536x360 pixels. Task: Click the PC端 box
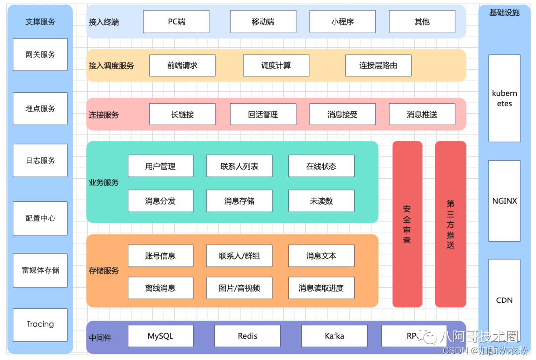(176, 22)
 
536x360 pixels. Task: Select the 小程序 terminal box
(342, 22)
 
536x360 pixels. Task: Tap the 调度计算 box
(276, 65)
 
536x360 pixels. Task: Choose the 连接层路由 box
(378, 65)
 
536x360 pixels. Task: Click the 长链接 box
(182, 114)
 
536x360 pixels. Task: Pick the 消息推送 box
(422, 114)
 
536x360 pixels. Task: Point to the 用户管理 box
(160, 166)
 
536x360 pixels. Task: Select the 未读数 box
(321, 201)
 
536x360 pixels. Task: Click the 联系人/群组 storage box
(239, 256)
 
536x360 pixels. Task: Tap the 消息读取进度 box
(321, 288)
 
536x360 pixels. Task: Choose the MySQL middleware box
(160, 336)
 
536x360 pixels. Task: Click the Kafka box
(334, 336)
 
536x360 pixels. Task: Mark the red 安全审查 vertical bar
(407, 224)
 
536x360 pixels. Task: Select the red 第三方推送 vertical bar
(450, 224)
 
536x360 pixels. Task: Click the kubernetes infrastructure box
(504, 98)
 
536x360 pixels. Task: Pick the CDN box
(504, 300)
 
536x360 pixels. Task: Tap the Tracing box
(40, 324)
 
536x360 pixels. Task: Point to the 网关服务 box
(40, 55)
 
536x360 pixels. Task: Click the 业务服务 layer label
(104, 182)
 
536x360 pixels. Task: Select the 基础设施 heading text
(504, 13)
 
